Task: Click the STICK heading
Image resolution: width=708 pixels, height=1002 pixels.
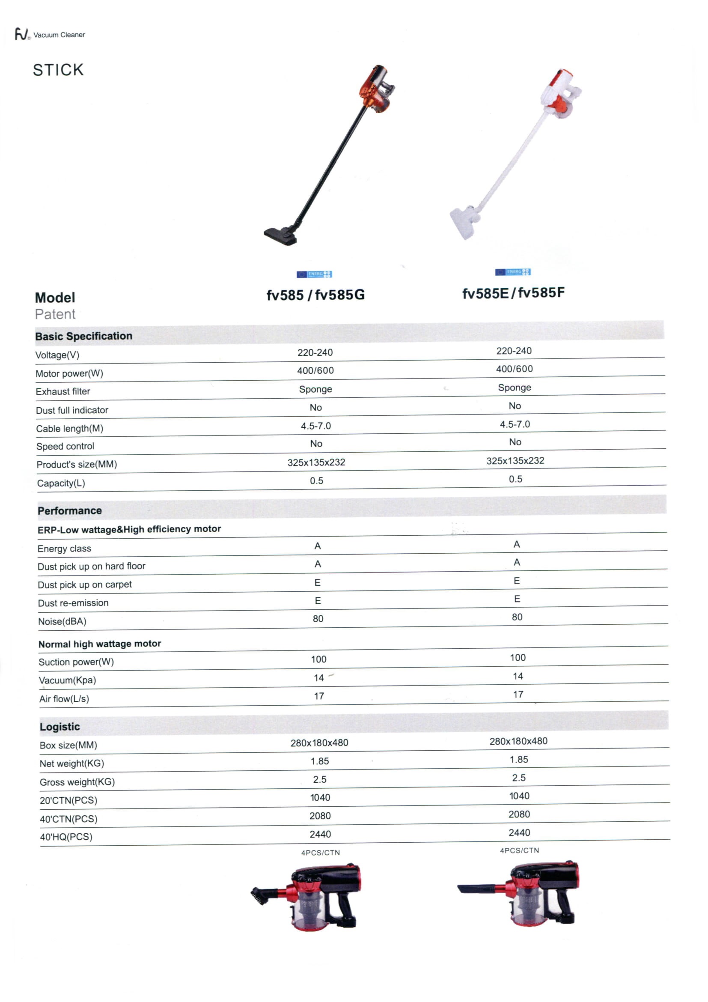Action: pyautogui.click(x=58, y=70)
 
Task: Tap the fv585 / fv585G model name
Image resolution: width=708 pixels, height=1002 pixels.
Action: pyautogui.click(x=315, y=295)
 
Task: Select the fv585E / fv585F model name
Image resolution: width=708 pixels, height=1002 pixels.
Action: pyautogui.click(x=513, y=293)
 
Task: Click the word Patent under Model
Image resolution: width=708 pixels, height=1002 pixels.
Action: pyautogui.click(x=55, y=314)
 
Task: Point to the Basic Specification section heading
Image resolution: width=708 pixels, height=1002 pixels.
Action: pyautogui.click(x=84, y=336)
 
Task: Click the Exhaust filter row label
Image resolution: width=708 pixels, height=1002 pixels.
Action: pyautogui.click(x=63, y=391)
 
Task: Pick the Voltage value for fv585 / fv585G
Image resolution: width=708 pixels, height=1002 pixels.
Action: pyautogui.click(x=315, y=352)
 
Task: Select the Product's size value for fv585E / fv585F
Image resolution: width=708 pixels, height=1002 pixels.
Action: pyautogui.click(x=515, y=461)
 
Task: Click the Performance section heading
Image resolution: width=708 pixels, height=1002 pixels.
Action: pyautogui.click(x=70, y=510)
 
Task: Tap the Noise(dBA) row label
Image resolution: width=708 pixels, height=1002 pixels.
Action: pyautogui.click(x=62, y=621)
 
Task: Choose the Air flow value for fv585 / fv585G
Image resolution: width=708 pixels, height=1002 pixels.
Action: pyautogui.click(x=319, y=696)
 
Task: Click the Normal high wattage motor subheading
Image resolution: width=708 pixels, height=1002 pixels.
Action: pyautogui.click(x=99, y=644)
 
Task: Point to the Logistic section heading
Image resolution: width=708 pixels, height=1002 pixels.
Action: pyautogui.click(x=60, y=727)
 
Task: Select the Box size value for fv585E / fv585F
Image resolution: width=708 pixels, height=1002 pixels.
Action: pyautogui.click(x=518, y=741)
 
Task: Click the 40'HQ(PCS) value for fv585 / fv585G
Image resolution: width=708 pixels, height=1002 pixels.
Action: pyautogui.click(x=320, y=835)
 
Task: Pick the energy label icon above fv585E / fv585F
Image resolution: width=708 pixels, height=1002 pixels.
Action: pyautogui.click(x=512, y=272)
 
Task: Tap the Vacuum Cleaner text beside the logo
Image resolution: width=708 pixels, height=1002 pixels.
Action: pyautogui.click(x=59, y=35)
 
